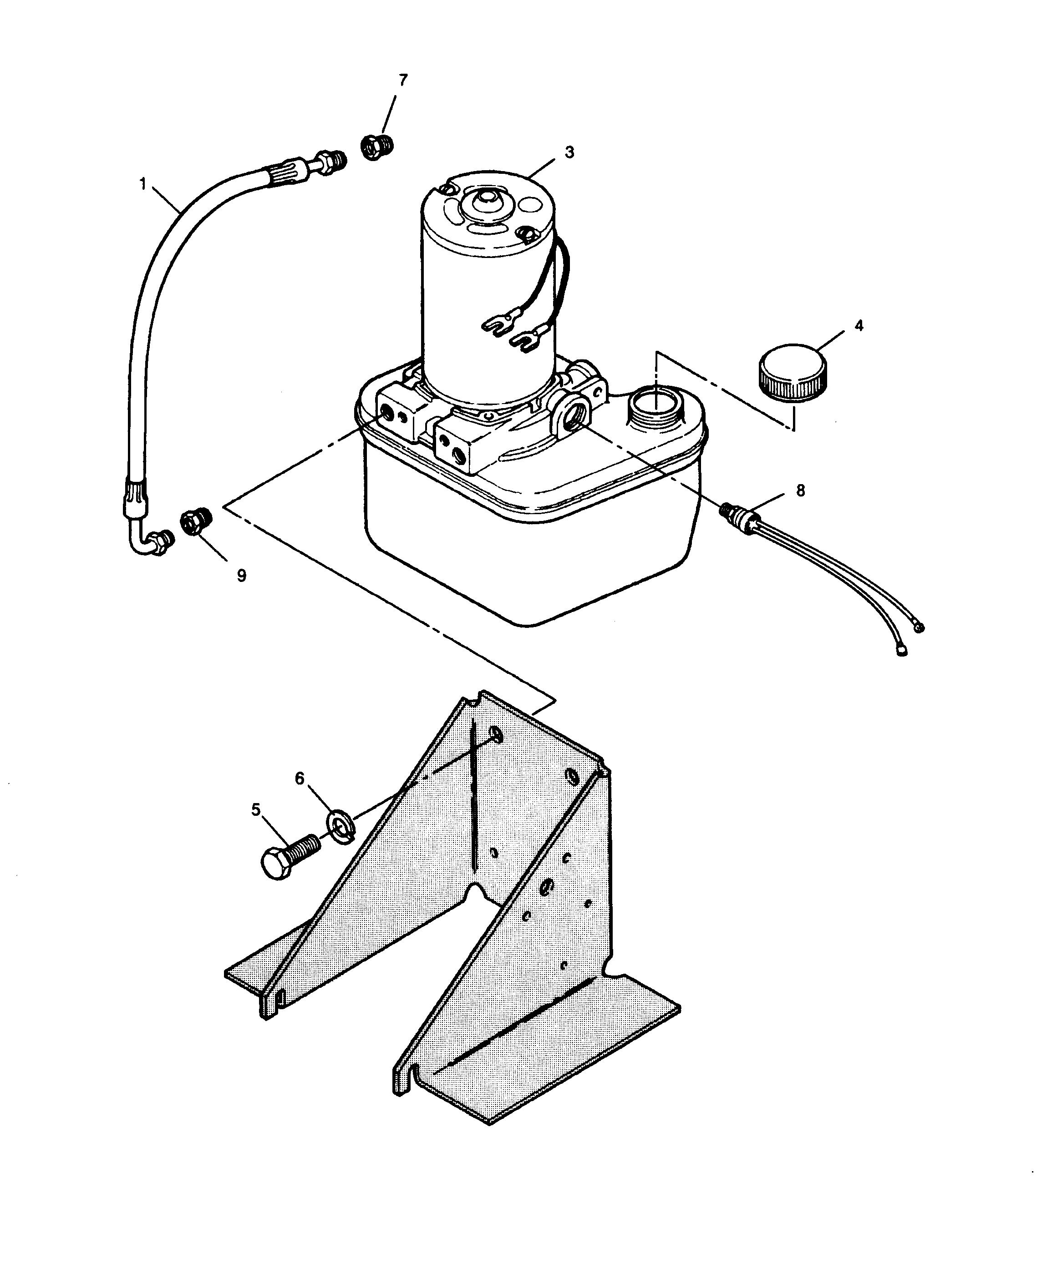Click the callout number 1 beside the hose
pyautogui.click(x=143, y=183)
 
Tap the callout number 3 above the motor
pyautogui.click(x=569, y=152)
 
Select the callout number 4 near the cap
pyautogui.click(x=859, y=326)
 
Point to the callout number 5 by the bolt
pyautogui.click(x=255, y=809)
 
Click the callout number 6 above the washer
pyautogui.click(x=299, y=779)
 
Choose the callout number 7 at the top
pyautogui.click(x=403, y=80)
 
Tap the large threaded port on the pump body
pyautogui.click(x=572, y=415)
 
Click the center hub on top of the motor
pyautogui.click(x=483, y=204)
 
